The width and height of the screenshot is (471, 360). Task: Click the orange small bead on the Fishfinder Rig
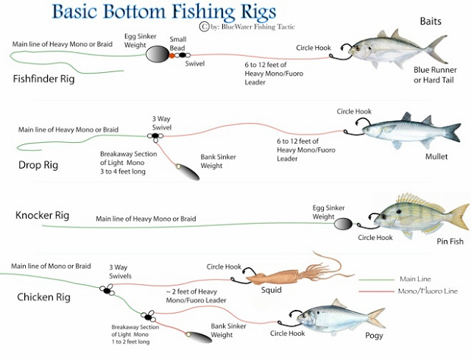coord(171,56)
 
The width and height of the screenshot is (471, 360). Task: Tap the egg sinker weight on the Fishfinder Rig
coord(157,54)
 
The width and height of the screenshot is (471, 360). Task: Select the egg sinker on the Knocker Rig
coord(344,224)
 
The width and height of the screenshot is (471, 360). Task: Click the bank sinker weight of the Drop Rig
coord(188,172)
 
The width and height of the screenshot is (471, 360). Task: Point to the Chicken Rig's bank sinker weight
coord(199,336)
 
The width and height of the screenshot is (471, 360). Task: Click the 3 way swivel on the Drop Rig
coord(155,136)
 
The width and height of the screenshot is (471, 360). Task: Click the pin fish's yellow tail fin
coord(458,217)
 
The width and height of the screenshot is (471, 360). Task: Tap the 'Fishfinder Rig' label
coord(43,79)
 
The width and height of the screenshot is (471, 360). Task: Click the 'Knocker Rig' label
coord(43,215)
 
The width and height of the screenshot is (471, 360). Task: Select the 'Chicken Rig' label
coord(44,297)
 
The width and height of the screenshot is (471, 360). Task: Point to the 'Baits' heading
coord(431,21)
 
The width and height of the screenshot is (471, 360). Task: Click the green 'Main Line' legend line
coord(377,280)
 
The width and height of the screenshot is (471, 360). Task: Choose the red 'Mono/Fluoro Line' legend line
coord(377,292)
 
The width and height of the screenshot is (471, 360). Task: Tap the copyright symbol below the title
coord(204,27)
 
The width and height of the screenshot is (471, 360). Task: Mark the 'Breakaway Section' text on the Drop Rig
coord(129,154)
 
